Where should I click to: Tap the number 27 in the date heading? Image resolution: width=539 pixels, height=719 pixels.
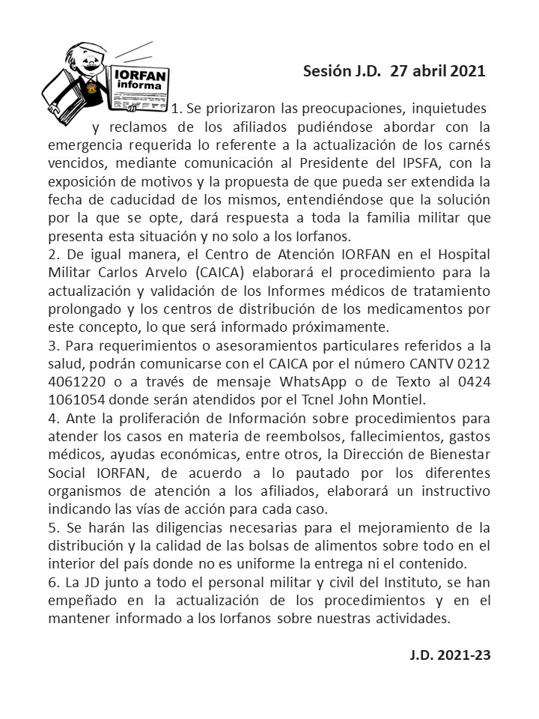pyautogui.click(x=399, y=72)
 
